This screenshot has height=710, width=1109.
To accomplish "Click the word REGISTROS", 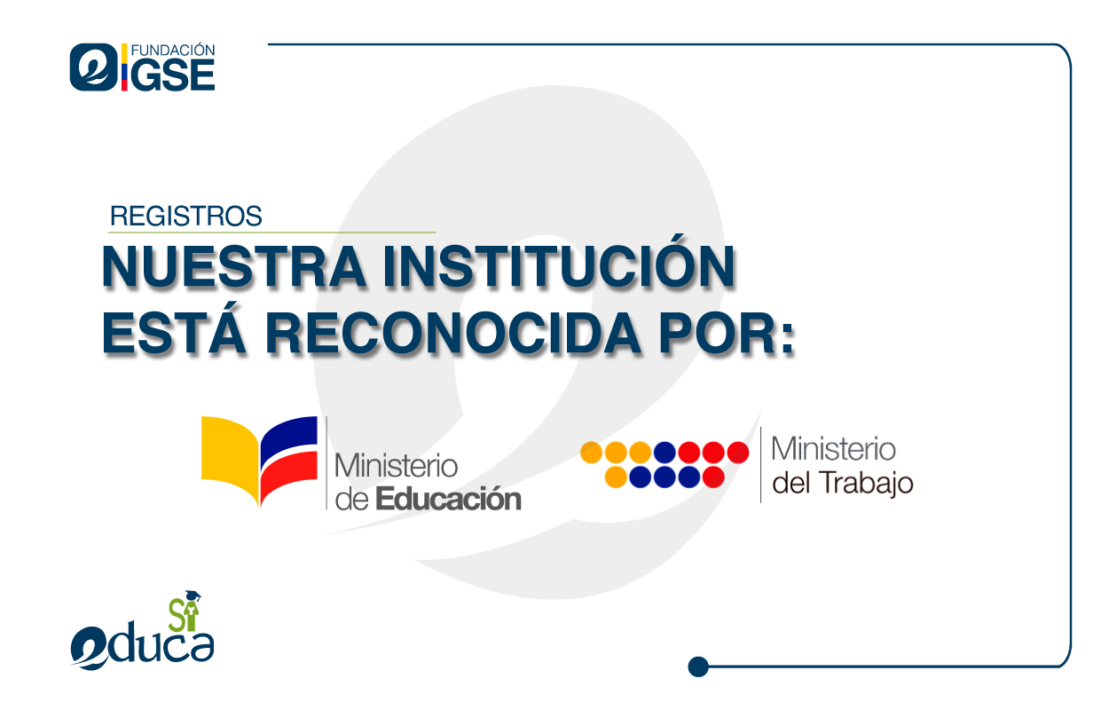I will coord(185,216).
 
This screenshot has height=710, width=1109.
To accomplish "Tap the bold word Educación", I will coord(448,499).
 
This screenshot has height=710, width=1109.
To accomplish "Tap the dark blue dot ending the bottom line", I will coord(698,666).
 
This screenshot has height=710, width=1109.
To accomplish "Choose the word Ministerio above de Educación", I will coord(395,465).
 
